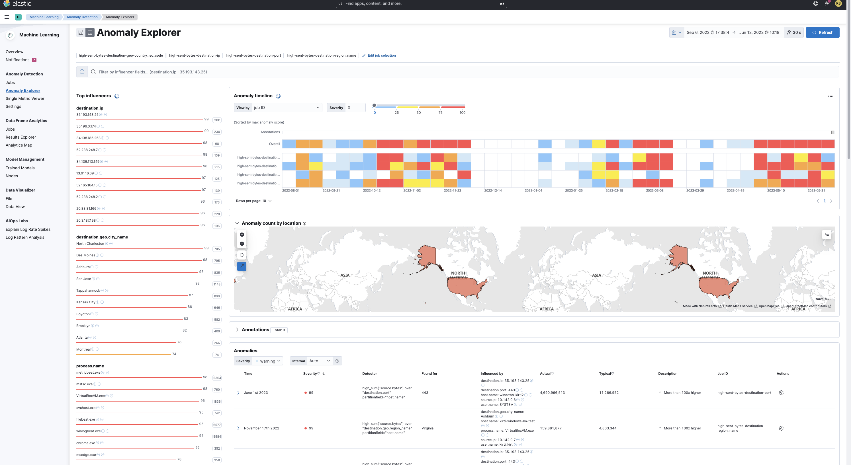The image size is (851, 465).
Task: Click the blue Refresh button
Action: (822, 32)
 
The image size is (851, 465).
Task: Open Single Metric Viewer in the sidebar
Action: (25, 98)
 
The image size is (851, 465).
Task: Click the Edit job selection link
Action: (381, 55)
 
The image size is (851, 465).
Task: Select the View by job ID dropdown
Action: (286, 108)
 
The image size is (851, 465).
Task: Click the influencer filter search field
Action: (463, 72)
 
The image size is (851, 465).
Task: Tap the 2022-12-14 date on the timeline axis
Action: (492, 190)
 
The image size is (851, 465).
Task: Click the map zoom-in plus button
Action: (242, 235)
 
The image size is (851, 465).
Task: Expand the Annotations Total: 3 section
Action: (237, 330)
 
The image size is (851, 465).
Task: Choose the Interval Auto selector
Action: (319, 361)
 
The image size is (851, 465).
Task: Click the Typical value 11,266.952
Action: (609, 393)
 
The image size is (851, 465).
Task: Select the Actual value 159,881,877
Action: (551, 428)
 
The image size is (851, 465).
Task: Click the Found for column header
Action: (429, 374)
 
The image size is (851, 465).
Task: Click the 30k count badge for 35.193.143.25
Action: (217, 120)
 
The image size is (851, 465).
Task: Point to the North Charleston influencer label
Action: (90, 244)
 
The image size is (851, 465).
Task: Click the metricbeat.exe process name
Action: (88, 372)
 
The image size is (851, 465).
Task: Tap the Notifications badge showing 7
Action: (34, 60)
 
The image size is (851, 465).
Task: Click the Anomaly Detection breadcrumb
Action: (82, 17)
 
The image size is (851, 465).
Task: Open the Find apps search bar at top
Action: (421, 4)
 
